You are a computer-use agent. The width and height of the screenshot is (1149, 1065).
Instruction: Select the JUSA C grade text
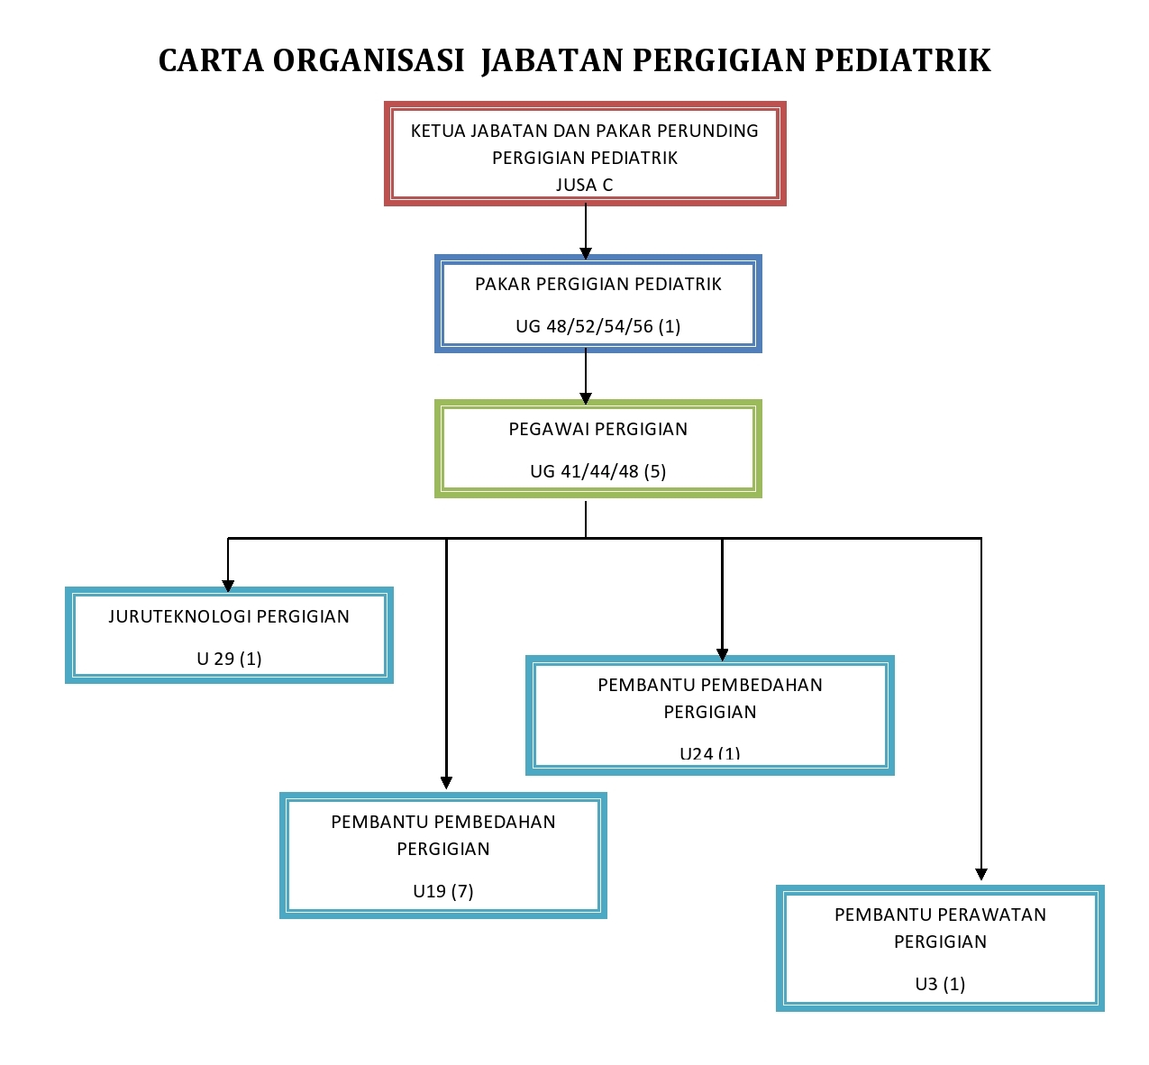point(584,185)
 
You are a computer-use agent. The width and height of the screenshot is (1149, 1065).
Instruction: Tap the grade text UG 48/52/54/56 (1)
point(597,326)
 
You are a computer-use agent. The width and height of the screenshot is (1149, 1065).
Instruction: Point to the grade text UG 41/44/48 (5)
point(597,471)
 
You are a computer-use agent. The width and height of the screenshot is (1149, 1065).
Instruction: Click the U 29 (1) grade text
point(229,659)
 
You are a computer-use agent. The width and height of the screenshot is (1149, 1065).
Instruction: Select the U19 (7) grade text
point(442,891)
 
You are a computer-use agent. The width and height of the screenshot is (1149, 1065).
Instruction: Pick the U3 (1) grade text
point(940,984)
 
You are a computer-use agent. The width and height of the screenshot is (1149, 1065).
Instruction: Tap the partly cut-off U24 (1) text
point(709,753)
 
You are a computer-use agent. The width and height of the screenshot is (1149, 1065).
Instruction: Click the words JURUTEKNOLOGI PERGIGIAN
point(229,616)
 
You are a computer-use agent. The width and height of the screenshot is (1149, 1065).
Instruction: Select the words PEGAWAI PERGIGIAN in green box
point(597,429)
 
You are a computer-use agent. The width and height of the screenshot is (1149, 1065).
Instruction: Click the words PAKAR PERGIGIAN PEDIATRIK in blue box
point(597,284)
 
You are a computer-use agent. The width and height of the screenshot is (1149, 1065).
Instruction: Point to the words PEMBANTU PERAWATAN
point(940,915)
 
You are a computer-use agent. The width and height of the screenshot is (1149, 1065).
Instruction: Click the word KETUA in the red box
point(438,131)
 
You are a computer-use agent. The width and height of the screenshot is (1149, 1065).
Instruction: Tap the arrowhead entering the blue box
point(586,253)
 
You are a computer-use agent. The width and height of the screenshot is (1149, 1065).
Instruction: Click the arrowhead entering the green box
point(586,398)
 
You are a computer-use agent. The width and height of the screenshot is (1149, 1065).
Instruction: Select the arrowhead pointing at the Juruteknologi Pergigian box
point(228,586)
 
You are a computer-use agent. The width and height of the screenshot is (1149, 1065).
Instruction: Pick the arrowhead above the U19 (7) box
point(446,782)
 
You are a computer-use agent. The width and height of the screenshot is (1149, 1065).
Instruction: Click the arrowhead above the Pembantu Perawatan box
point(981,874)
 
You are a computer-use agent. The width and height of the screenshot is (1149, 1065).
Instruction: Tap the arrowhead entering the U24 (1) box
point(722,654)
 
